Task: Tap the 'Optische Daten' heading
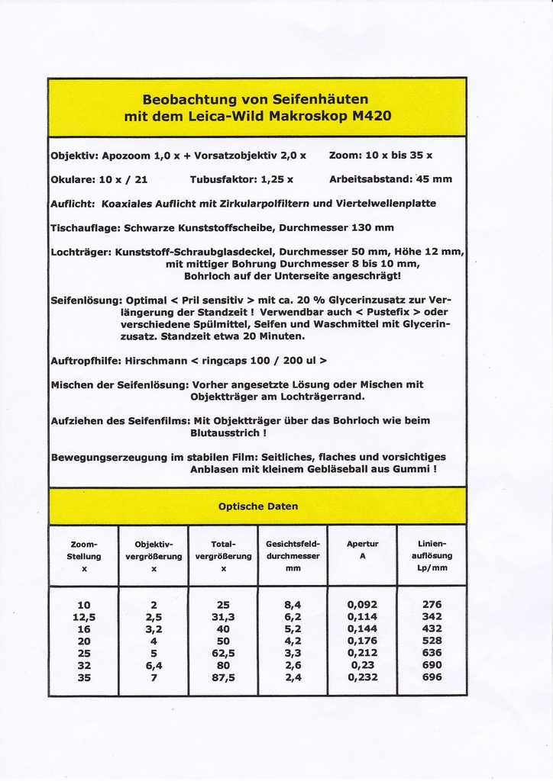(258, 506)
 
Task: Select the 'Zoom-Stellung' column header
(84, 556)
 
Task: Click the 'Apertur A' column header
(362, 550)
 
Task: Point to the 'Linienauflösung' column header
(432, 556)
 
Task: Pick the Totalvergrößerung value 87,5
(223, 677)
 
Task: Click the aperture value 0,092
(362, 604)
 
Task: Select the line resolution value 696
(432, 677)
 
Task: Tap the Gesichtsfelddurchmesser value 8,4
(293, 604)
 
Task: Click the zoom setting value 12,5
(84, 616)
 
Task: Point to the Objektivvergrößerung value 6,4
(154, 664)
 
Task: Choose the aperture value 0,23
(362, 664)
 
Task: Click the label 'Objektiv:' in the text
(73, 155)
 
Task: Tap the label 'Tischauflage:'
(83, 227)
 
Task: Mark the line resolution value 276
(432, 604)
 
